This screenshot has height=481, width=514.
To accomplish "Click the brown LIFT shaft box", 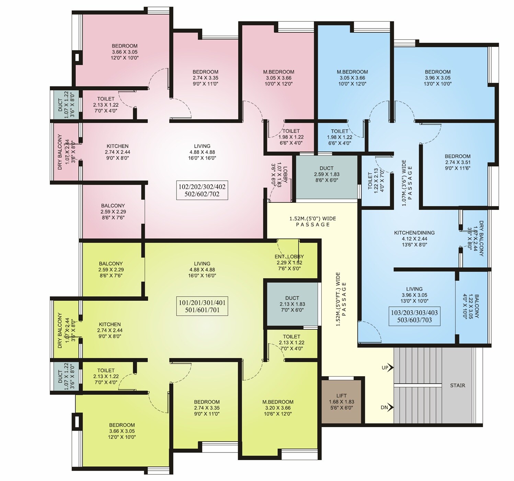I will [341, 401].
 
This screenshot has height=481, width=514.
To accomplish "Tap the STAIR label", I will [457, 385].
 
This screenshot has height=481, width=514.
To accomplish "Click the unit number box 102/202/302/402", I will [202, 190].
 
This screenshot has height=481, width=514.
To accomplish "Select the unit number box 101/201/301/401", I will [202, 306].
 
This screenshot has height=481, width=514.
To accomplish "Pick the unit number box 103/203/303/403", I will [414, 316].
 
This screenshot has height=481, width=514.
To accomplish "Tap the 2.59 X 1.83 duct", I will [326, 174].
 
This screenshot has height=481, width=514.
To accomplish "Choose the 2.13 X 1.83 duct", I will [292, 304].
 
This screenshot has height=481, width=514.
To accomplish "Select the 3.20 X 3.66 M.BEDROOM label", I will [278, 408].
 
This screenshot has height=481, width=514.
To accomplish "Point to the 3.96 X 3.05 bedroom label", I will [437, 78].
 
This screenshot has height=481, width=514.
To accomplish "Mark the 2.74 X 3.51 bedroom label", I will [457, 162].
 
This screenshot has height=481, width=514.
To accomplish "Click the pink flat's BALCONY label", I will [113, 211].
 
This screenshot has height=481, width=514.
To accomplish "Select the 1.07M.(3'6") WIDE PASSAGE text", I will [407, 183].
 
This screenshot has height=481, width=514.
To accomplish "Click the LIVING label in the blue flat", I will [414, 295].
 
